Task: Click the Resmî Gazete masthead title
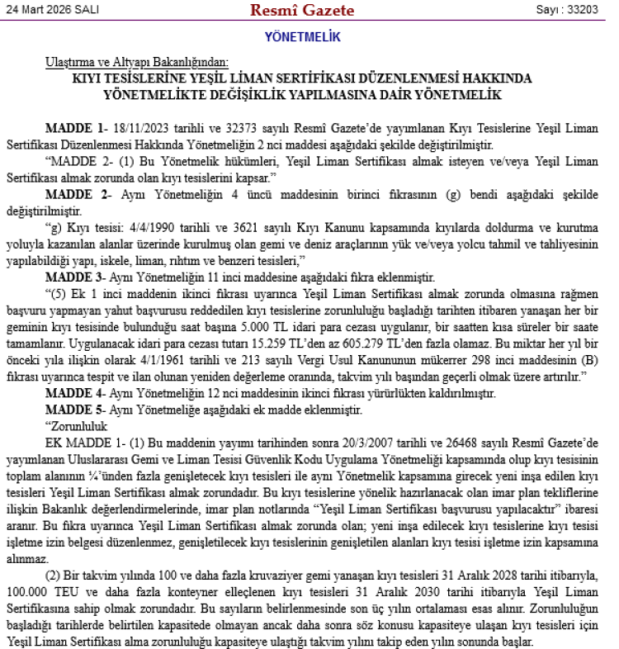pyautogui.click(x=302, y=11)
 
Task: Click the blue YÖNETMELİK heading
pyautogui.click(x=302, y=37)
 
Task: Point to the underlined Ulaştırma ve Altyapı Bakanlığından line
pyautogui.click(x=138, y=63)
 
